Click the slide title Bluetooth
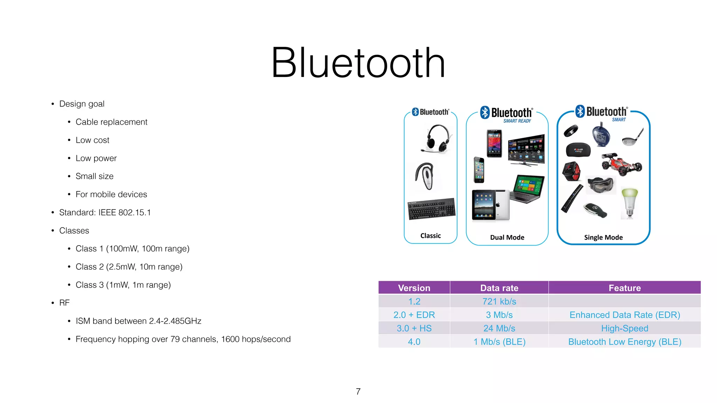[x=358, y=63]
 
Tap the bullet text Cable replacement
[x=111, y=122]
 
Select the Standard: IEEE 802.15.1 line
[x=105, y=212]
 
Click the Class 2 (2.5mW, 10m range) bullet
[x=129, y=267]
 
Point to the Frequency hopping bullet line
[x=183, y=339]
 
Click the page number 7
[x=358, y=391]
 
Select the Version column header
[x=414, y=288]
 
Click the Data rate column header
[x=499, y=288]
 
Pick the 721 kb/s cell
[x=499, y=302]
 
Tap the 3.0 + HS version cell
[x=414, y=328]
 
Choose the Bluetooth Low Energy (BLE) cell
[x=625, y=342]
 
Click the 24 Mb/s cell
[x=499, y=328]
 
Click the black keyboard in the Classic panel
[x=432, y=209]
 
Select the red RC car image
[x=622, y=164]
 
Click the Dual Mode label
[x=507, y=238]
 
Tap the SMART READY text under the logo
[x=517, y=121]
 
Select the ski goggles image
[x=601, y=185]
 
